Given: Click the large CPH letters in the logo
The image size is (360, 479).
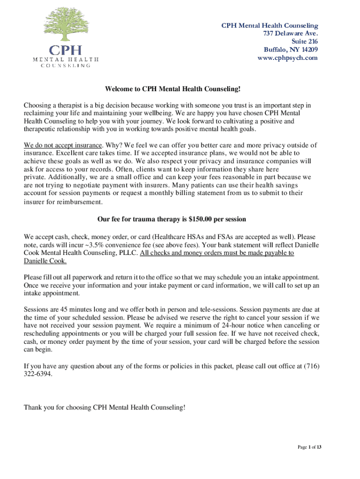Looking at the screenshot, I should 65,51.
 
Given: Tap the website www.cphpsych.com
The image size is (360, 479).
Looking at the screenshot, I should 288,58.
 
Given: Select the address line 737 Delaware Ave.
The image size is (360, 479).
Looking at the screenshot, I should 291,33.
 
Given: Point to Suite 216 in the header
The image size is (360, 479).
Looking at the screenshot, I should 304,42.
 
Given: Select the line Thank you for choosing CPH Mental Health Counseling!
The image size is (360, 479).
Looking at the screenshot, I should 105,408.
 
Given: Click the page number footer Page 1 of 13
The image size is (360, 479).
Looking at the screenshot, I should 310,448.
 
